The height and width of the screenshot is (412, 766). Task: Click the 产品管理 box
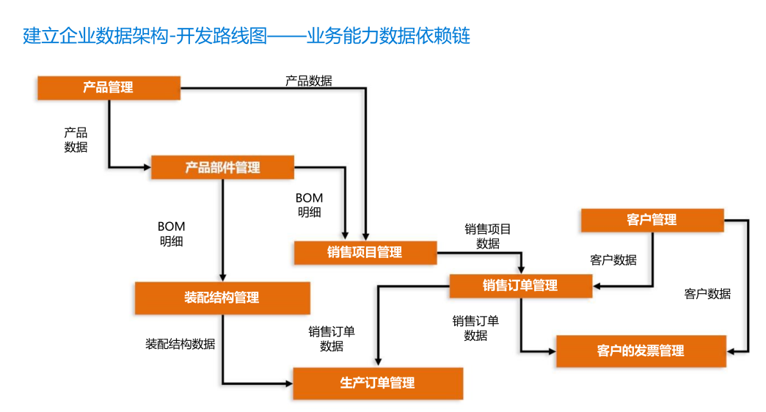(109, 88)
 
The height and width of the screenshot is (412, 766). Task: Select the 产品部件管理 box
(222, 167)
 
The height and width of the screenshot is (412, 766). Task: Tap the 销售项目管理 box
(365, 252)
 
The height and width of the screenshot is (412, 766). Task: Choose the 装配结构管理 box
(222, 298)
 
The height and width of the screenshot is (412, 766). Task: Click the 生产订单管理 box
(378, 383)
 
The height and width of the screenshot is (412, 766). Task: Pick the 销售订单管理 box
(520, 285)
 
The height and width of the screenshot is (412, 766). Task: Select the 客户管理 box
(652, 219)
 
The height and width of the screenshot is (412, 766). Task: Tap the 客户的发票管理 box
(641, 350)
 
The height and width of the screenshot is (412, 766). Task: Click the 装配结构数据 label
(180, 343)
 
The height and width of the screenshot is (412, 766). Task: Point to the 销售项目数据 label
(488, 236)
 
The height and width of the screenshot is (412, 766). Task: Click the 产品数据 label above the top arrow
(308, 81)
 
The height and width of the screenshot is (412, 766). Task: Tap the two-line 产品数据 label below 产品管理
(76, 139)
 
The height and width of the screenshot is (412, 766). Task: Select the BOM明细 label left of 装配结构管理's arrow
(171, 233)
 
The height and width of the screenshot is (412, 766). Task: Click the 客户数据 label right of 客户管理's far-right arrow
(707, 293)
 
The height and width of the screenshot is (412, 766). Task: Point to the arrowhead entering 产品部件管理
(147, 167)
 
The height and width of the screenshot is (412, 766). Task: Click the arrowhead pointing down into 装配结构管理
(222, 277)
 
